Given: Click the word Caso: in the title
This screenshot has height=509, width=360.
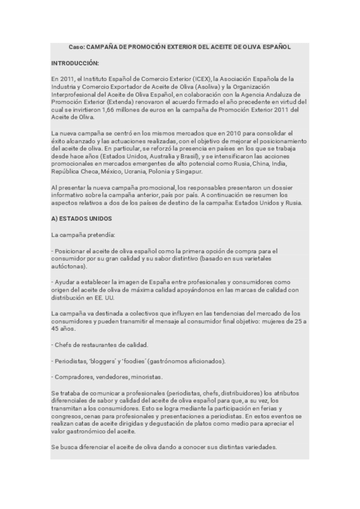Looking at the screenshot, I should pyautogui.click(x=77, y=46).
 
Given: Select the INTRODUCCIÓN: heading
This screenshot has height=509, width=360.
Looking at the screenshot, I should pyautogui.click(x=76, y=62).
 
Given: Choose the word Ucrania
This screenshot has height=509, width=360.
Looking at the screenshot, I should pyautogui.click(x=139, y=172).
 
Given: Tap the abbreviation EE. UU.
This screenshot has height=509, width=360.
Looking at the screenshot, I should pyautogui.click(x=103, y=298).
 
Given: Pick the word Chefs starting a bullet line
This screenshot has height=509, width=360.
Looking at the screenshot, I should pyautogui.click(x=63, y=345).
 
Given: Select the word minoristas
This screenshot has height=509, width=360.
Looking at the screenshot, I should pyautogui.click(x=148, y=377).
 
